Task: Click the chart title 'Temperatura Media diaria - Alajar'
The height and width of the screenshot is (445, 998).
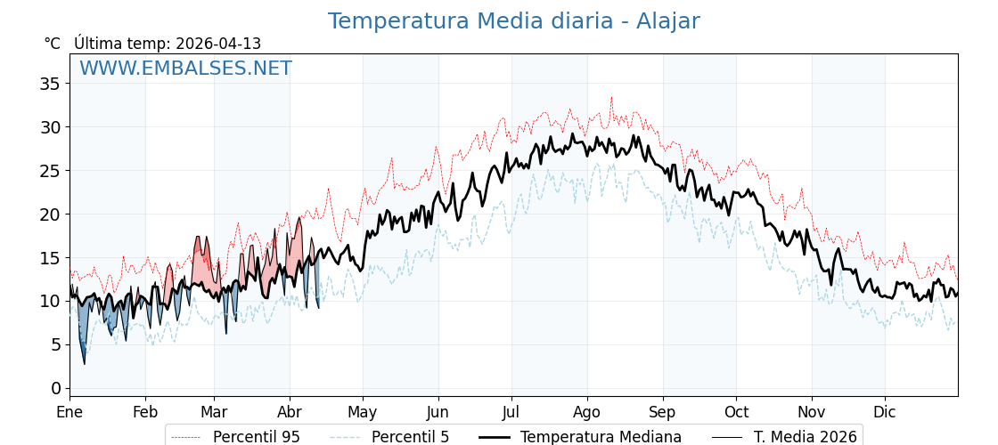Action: (x=513, y=21)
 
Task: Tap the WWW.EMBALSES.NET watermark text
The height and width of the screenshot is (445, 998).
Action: (x=185, y=69)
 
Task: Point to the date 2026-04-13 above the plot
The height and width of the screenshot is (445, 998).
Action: (x=218, y=44)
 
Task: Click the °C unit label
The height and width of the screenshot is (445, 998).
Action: (x=52, y=44)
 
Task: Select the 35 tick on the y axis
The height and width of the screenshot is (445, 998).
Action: (x=50, y=84)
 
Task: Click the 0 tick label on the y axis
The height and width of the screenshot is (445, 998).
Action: (x=55, y=388)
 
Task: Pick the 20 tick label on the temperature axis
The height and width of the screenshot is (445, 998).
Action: (x=50, y=214)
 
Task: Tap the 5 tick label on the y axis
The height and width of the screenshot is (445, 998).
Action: (x=55, y=344)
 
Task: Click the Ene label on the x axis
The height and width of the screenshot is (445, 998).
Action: (x=70, y=412)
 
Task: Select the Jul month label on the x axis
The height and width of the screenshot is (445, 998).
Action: (x=511, y=412)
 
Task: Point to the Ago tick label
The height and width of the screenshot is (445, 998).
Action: (x=587, y=412)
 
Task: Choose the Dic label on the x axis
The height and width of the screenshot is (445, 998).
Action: (x=885, y=412)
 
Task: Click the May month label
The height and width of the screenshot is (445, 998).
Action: (x=363, y=412)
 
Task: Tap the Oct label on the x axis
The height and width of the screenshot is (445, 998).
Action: (x=736, y=412)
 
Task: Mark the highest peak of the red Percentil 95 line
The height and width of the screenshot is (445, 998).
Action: (x=611, y=97)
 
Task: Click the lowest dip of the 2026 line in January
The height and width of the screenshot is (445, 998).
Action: (x=85, y=363)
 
